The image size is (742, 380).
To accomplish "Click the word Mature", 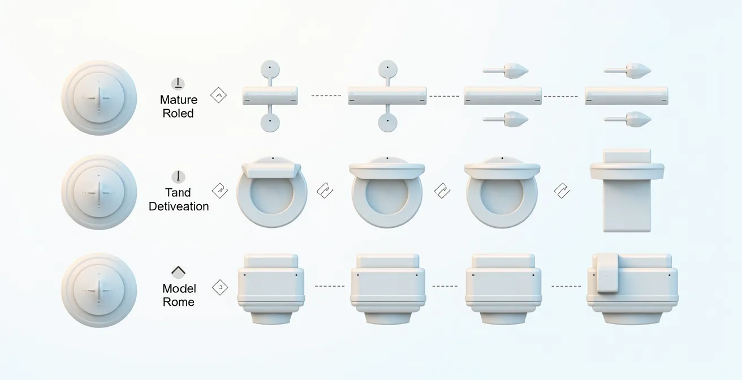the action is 179,100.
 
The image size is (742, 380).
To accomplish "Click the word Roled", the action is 178,113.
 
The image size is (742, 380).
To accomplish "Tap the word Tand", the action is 178,192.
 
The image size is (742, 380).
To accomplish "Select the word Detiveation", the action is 179,206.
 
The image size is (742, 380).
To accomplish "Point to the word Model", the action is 179,288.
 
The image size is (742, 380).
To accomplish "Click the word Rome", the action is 179,302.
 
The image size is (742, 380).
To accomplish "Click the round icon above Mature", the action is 178,84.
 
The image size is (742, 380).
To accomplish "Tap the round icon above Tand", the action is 178,176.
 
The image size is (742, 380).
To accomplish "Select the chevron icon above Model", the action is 178,271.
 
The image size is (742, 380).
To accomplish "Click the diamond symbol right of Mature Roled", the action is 219,96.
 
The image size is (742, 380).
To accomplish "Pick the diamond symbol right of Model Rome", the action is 220,287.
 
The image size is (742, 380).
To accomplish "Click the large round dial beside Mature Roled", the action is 99,98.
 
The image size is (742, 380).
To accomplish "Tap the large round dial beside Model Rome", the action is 99,290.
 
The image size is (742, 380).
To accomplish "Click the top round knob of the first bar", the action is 270,69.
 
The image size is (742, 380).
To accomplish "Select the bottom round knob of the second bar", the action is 387,123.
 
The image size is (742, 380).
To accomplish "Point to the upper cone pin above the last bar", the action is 627,71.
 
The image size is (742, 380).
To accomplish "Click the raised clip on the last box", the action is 607,273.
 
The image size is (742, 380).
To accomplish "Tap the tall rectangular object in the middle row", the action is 627,191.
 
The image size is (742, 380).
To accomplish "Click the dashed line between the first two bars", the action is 326,96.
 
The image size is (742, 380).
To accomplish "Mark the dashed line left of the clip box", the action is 566,286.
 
